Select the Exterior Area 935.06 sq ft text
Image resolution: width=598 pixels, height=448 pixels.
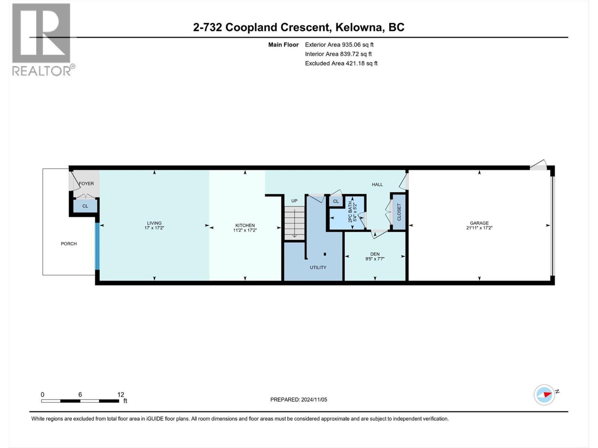click(339, 44)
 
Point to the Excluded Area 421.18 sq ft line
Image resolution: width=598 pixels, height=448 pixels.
click(341, 63)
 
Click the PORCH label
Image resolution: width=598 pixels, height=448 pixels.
click(69, 244)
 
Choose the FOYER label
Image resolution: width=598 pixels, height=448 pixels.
click(86, 184)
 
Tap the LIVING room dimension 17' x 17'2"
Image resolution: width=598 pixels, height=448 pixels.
click(154, 228)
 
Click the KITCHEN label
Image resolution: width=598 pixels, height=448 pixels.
click(245, 225)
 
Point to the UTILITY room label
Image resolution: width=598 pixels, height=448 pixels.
click(318, 267)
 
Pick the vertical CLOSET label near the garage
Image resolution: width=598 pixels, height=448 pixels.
click(399, 212)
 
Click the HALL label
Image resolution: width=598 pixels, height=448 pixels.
click(377, 184)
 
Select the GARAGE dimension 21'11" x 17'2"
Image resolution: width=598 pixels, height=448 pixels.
click(479, 228)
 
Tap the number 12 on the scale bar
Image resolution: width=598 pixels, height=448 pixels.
click(120, 395)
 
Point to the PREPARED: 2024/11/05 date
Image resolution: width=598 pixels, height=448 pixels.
click(299, 399)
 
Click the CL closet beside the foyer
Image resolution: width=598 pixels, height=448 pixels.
click(85, 206)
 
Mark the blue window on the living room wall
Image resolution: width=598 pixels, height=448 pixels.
click(97, 246)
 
